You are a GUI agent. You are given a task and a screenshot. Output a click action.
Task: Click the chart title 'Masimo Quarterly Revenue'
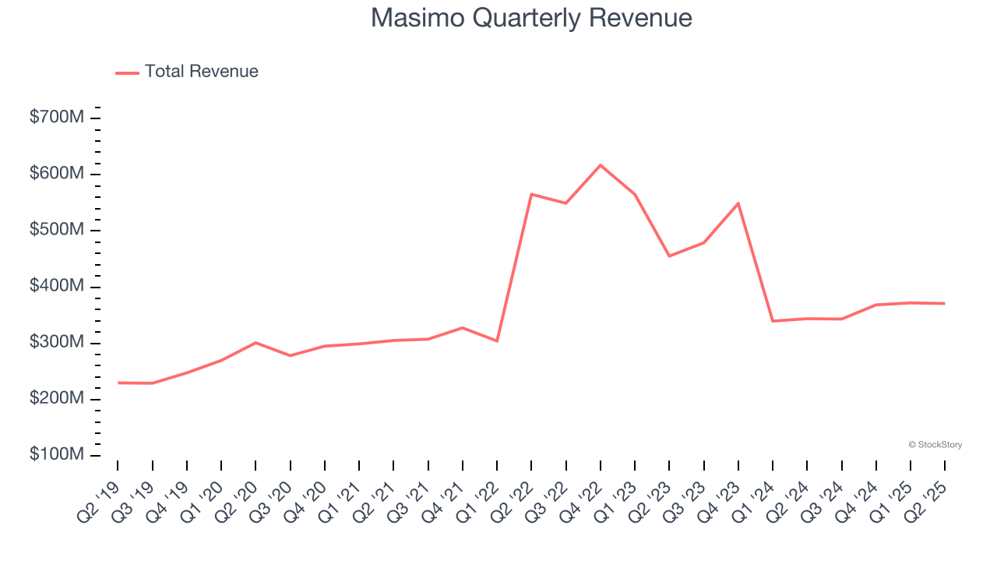click(x=531, y=18)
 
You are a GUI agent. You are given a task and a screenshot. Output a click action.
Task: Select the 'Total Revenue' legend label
click(x=201, y=72)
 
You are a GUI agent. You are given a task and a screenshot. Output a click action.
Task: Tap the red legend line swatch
click(x=127, y=72)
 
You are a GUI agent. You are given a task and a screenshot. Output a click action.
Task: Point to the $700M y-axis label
click(x=57, y=118)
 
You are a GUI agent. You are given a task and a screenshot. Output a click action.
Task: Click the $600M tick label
click(x=57, y=174)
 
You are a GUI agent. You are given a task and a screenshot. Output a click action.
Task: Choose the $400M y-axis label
click(x=57, y=287)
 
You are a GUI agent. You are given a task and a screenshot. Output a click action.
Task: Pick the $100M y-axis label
click(x=57, y=455)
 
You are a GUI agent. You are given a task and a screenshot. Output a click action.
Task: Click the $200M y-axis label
click(x=57, y=399)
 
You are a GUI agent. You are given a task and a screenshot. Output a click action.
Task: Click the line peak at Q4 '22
click(x=601, y=165)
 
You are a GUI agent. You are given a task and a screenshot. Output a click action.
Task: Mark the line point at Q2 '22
click(x=531, y=194)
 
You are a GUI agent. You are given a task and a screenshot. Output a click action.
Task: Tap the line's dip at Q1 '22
click(x=497, y=340)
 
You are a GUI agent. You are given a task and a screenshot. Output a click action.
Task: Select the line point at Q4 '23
click(x=738, y=203)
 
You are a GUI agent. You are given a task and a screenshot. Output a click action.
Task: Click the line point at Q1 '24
click(x=773, y=321)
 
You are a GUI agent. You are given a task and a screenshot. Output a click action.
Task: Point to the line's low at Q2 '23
click(x=669, y=256)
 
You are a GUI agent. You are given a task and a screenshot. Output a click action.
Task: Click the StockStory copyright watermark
click(x=935, y=445)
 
